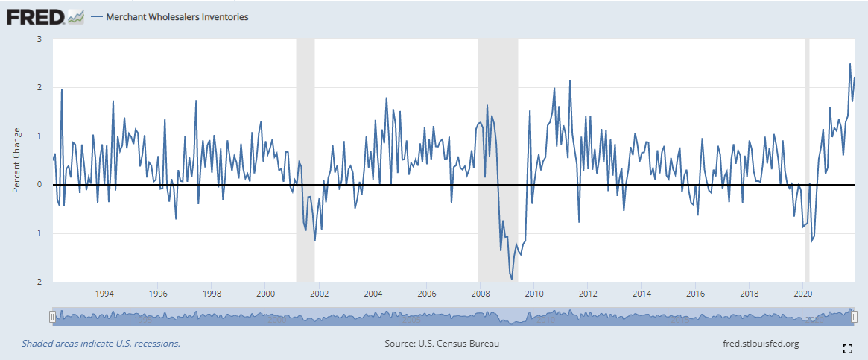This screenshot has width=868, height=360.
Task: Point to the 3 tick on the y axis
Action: click(x=38, y=39)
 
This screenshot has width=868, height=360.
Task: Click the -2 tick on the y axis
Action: click(x=37, y=282)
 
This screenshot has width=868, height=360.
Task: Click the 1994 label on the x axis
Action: click(x=104, y=293)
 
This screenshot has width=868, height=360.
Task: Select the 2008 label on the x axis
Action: click(x=481, y=293)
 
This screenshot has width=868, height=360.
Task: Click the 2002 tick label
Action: click(x=319, y=293)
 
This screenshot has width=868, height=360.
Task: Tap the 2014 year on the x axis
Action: click(x=642, y=293)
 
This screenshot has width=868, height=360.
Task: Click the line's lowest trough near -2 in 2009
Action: click(x=511, y=279)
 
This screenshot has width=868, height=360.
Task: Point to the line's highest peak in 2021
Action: click(x=849, y=64)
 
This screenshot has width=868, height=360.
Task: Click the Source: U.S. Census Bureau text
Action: click(x=442, y=344)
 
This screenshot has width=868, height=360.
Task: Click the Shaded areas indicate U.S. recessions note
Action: click(x=101, y=344)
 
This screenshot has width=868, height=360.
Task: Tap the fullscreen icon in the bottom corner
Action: click(x=847, y=348)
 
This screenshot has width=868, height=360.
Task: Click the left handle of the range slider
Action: click(x=52, y=317)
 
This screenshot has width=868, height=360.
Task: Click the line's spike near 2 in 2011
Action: click(x=570, y=80)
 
